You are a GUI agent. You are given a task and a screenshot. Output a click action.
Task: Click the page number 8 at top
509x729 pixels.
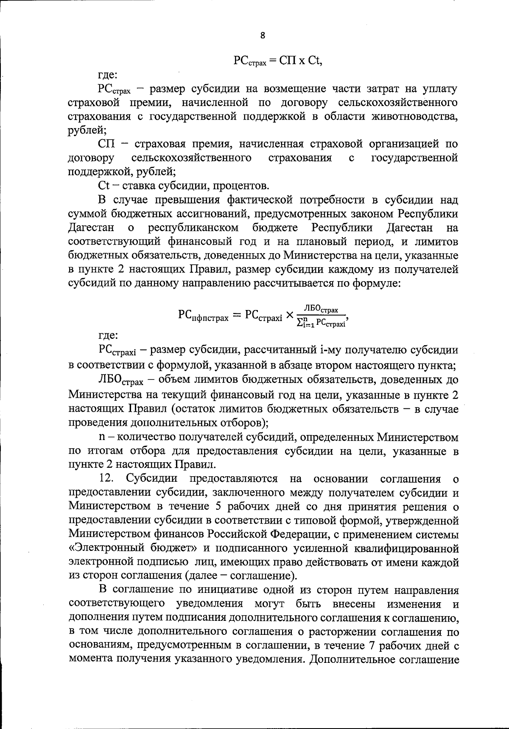[263, 36]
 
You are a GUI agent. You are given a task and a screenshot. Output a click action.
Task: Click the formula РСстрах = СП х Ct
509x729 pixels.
[278, 60]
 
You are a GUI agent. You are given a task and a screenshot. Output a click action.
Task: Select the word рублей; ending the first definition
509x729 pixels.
[84, 130]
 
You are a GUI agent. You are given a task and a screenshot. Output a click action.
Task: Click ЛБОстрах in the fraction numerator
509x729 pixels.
[321, 310]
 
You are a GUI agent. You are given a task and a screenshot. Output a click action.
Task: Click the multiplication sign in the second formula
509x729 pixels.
[290, 316]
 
